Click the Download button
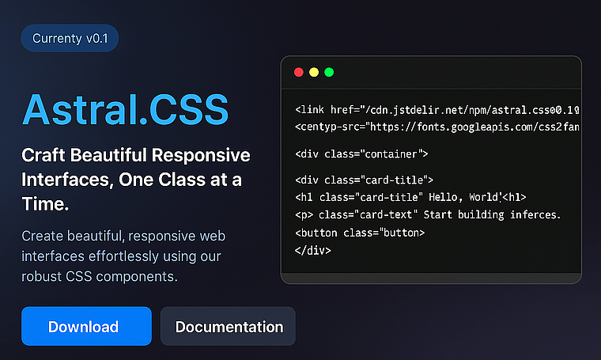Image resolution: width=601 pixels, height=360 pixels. pos(85,327)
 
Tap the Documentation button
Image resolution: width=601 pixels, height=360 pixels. pos(229,327)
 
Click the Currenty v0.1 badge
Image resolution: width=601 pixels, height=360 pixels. pos(70,38)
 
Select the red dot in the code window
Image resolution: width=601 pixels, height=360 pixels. pos(299,72)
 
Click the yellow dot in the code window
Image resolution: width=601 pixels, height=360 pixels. pos(314,72)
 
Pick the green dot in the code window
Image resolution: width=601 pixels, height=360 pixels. pos(329,72)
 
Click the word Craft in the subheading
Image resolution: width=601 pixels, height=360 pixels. pos(43,154)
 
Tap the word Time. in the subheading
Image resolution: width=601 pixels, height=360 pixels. pos(46,205)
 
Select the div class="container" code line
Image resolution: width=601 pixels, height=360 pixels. pos(361,153)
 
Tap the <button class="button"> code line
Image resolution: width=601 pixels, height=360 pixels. pos(360,233)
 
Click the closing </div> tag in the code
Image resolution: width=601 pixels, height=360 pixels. pos(312,250)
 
